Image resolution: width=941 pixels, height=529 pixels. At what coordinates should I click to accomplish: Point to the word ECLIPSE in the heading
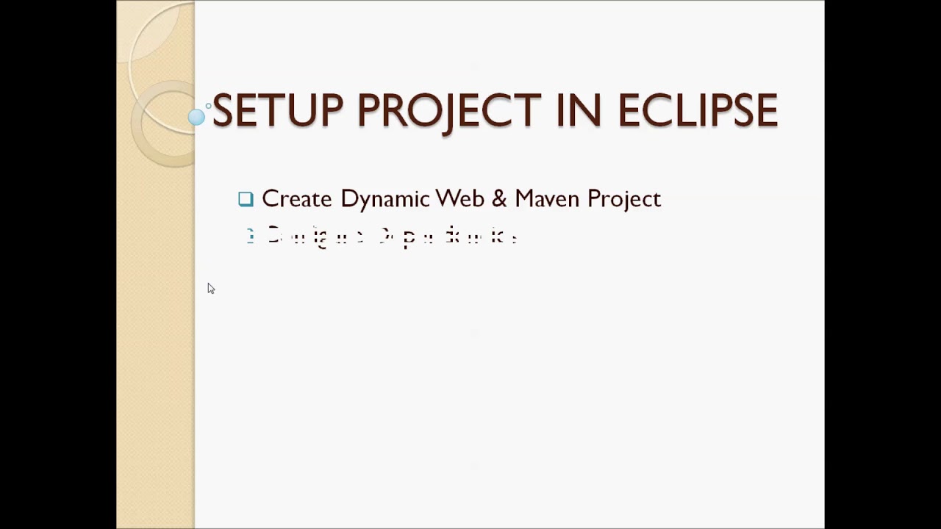pyautogui.click(x=697, y=111)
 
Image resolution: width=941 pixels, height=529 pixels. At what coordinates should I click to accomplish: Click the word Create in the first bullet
pyautogui.click(x=296, y=199)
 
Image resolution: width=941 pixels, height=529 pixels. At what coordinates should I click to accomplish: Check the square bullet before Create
pyautogui.click(x=246, y=199)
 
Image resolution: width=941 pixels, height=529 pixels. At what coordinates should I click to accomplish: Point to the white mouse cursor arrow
pyautogui.click(x=210, y=288)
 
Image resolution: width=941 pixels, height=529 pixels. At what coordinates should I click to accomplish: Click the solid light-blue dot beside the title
pyautogui.click(x=196, y=117)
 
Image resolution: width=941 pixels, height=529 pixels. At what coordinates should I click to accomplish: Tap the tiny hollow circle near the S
pyautogui.click(x=209, y=106)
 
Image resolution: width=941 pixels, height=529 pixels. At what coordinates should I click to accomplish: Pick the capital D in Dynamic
pyautogui.click(x=348, y=199)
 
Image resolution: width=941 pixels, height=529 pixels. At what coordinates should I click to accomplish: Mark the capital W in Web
pyautogui.click(x=447, y=199)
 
